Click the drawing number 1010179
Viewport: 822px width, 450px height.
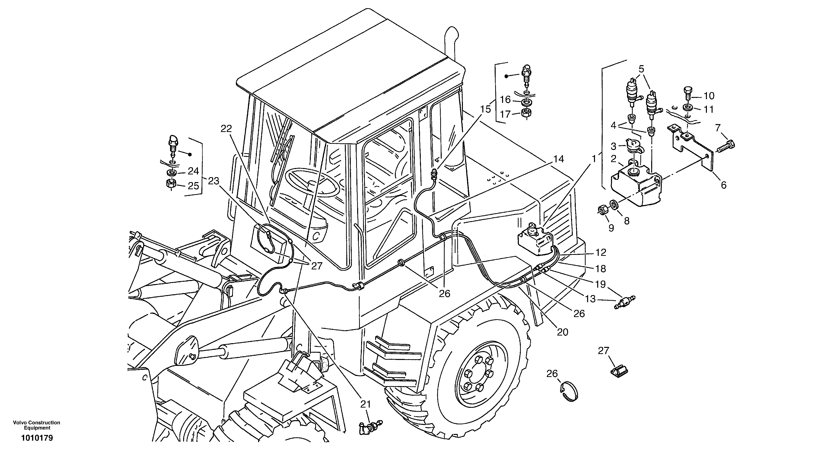(x=37, y=438)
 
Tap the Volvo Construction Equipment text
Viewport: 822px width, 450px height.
(x=36, y=425)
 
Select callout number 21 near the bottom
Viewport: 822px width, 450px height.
(x=366, y=404)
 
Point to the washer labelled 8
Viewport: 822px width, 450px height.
(x=613, y=204)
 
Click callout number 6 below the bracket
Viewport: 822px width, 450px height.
(x=723, y=185)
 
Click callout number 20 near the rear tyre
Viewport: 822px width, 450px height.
(x=562, y=332)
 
